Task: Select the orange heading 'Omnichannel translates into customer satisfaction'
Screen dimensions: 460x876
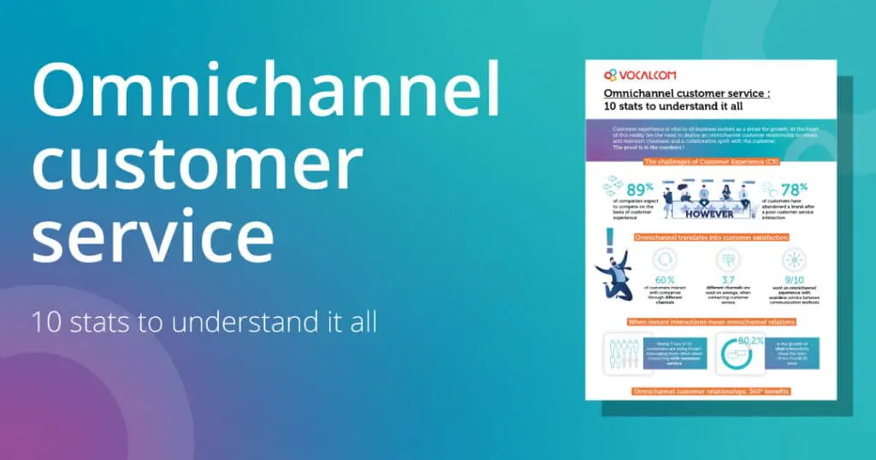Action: [x=710, y=236]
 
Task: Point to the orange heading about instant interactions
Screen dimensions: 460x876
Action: [x=710, y=320]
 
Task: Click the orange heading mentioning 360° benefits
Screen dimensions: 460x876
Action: [x=710, y=391]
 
